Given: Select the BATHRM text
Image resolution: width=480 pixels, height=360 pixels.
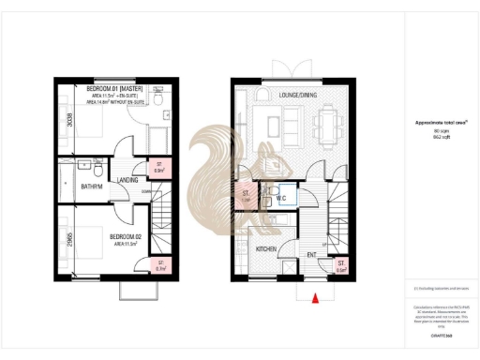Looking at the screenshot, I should (92, 187).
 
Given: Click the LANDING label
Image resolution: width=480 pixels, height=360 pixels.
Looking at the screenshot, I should (128, 180).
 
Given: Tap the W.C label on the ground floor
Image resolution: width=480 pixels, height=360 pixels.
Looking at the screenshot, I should (280, 198).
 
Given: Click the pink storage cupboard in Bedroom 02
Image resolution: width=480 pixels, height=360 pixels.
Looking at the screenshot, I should (160, 266).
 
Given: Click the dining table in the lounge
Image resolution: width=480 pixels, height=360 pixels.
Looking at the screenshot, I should (324, 122).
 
